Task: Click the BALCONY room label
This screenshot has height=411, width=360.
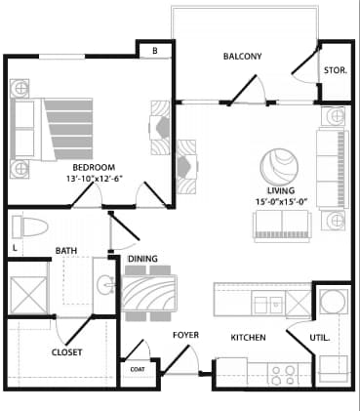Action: [241, 57]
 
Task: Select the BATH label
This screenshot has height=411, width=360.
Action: [66, 251]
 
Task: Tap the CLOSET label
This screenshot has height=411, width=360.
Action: [66, 352]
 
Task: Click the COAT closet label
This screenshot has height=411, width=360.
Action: [137, 369]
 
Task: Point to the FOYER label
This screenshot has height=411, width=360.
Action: [185, 335]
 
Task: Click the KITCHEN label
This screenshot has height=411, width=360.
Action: [248, 338]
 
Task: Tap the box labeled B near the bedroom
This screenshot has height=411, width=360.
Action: [153, 51]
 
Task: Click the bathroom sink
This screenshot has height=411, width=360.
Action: [105, 285]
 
